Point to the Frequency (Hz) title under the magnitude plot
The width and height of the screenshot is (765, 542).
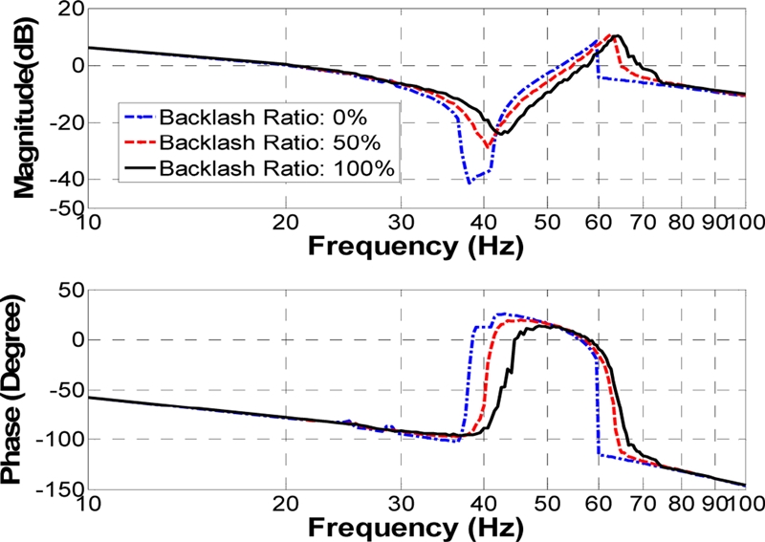(x=416, y=248)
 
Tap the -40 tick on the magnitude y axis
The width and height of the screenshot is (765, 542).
(x=65, y=180)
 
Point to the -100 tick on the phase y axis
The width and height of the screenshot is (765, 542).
(x=59, y=438)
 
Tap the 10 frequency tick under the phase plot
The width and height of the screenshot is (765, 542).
(x=88, y=504)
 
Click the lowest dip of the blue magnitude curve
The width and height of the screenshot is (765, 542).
(x=469, y=182)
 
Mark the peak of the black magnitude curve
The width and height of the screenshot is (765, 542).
(x=618, y=36)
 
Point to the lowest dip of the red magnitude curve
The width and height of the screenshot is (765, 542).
(x=488, y=147)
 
